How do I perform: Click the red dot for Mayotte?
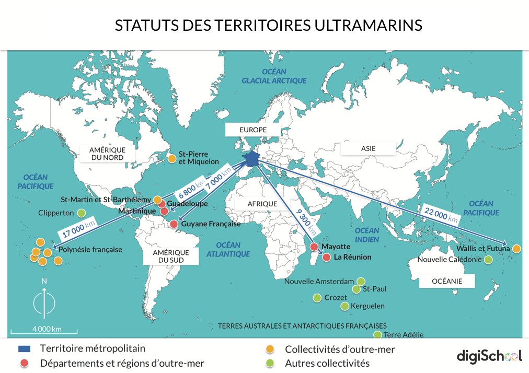click(x=314, y=247)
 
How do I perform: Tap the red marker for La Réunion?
click(x=326, y=257)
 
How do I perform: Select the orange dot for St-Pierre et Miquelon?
click(x=171, y=158)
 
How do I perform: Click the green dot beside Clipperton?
click(x=82, y=213)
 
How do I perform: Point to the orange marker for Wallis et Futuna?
click(x=516, y=249)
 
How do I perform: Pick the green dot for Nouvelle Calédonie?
click(x=488, y=260)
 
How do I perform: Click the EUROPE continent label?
click(x=253, y=130)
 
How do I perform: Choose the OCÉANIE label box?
click(x=447, y=281)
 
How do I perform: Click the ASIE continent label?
click(x=368, y=148)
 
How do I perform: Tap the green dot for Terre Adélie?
click(x=377, y=334)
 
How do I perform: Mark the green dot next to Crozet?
click(x=317, y=298)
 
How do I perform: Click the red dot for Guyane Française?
click(x=174, y=224)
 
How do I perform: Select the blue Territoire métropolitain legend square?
click(x=24, y=348)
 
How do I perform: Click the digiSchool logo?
click(x=489, y=356)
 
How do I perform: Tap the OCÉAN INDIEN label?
click(x=367, y=235)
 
